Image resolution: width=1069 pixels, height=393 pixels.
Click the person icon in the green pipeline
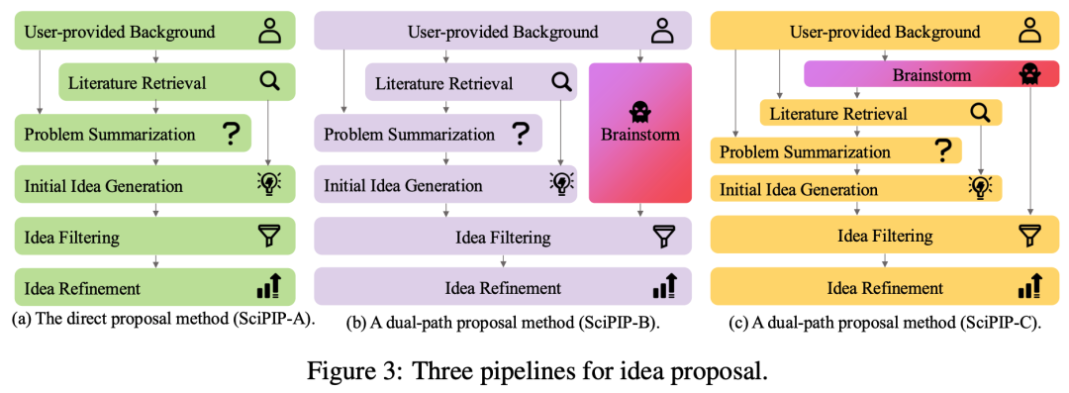point(270,32)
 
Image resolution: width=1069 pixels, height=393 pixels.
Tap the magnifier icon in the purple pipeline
point(561,83)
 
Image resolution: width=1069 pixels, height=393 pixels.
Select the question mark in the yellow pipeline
point(945,151)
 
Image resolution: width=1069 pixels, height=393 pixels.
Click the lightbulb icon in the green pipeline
point(269,185)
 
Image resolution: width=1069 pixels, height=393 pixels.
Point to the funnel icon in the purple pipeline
point(663,238)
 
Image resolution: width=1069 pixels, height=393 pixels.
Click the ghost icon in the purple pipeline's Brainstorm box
point(639,110)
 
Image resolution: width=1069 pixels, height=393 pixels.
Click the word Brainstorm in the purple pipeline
point(639,135)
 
